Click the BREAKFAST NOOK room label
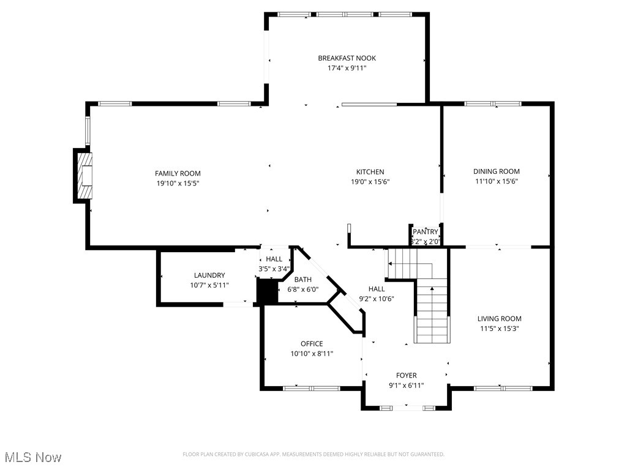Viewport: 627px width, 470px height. point(347,58)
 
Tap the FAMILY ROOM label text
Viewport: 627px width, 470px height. point(178,173)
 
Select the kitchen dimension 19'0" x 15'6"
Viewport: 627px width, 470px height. point(370,182)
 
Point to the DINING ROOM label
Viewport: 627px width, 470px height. point(496,171)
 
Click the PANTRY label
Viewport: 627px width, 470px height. point(426,232)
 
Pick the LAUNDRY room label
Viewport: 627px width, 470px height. point(209,275)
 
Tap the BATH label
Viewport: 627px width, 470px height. point(302,280)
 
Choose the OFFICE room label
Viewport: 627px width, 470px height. point(312,344)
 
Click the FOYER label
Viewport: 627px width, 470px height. point(407,375)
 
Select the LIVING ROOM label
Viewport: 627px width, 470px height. point(500,318)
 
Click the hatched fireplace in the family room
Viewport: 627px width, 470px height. point(84,176)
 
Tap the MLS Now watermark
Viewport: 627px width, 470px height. point(33,457)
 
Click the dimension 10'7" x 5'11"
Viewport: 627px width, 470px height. point(209,285)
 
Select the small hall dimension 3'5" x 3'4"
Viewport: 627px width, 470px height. point(274,269)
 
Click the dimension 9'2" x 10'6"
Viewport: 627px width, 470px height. point(377,299)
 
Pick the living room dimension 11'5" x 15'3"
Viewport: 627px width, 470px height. point(500,329)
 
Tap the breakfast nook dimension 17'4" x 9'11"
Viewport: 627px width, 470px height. point(347,68)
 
